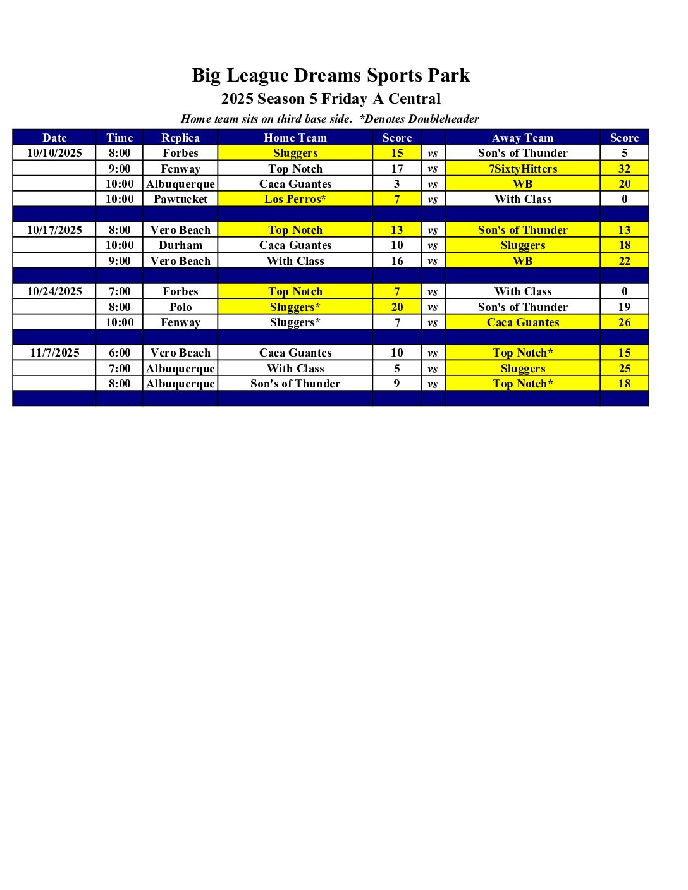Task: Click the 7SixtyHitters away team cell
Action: click(x=523, y=169)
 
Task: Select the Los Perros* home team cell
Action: click(x=295, y=199)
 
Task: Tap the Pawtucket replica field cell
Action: click(x=180, y=199)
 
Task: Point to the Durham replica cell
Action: click(x=180, y=245)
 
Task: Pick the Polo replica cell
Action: click(x=180, y=307)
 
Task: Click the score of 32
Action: click(x=624, y=169)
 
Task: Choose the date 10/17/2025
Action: click(x=54, y=230)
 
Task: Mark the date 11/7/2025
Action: click(x=54, y=353)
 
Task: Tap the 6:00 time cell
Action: click(x=120, y=353)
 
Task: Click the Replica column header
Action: click(x=180, y=138)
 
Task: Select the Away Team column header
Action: click(x=522, y=138)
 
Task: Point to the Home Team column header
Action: click(x=295, y=138)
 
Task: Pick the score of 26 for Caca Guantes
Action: click(x=624, y=322)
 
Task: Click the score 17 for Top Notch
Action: click(x=397, y=169)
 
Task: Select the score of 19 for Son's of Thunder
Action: click(x=624, y=307)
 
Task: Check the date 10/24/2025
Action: click(x=54, y=291)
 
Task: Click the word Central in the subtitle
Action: click(x=414, y=99)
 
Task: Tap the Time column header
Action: click(x=120, y=138)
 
